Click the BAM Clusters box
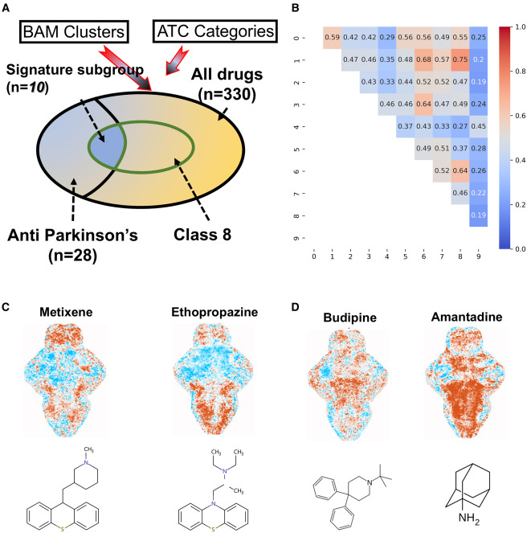point(74,32)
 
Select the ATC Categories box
point(215,31)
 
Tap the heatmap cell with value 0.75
point(460,59)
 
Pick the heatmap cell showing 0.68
point(423,59)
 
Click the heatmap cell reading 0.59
point(332,38)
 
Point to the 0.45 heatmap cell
point(479,126)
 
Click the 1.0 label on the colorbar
point(521,27)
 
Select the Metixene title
point(66,312)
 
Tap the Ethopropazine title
point(214,312)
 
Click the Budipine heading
point(349,318)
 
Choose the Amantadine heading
point(467,317)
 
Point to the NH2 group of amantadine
point(469,519)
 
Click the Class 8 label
point(202,235)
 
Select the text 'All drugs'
point(227,75)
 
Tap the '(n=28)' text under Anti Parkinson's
point(73,256)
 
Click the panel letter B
point(296,8)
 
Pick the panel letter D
point(296,307)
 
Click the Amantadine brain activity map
point(465,383)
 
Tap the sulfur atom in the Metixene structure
point(63,529)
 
